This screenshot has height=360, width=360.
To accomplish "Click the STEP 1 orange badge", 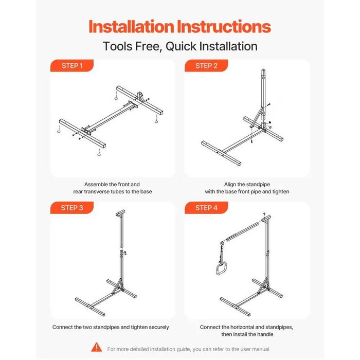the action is (x=72, y=66).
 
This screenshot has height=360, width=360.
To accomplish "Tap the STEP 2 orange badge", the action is (x=206, y=66).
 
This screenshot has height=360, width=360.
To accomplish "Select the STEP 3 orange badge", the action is (x=72, y=208).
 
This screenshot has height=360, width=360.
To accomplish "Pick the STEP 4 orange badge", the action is (x=206, y=208).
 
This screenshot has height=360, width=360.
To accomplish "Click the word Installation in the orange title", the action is (x=131, y=26).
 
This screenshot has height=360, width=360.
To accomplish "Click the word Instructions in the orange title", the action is (x=224, y=26).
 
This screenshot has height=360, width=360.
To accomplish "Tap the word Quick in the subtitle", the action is (x=181, y=46).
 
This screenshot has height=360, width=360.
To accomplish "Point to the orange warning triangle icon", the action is (x=97, y=347).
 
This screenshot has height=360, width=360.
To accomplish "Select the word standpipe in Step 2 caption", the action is (x=258, y=184).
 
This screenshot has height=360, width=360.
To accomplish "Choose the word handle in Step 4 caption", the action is (x=266, y=334).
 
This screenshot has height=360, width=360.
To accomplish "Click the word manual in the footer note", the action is (x=261, y=349).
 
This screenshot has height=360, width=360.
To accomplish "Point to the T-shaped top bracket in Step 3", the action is (x=120, y=213).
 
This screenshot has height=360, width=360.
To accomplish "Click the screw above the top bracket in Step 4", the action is (x=264, y=214).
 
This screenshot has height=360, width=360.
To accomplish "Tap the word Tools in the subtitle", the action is (x=118, y=46).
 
